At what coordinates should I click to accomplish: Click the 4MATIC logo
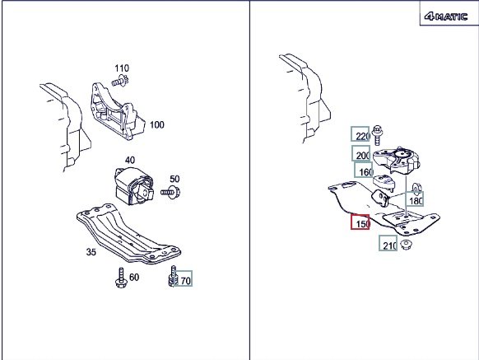tap(446, 16)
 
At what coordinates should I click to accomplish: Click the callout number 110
tap(122, 68)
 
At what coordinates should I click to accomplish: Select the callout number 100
tap(156, 124)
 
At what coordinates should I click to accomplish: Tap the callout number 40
tap(130, 161)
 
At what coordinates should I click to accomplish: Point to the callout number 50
tap(174, 179)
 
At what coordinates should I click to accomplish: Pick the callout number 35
tap(91, 252)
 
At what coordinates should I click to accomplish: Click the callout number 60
tap(134, 277)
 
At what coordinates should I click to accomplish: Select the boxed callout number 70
tap(184, 278)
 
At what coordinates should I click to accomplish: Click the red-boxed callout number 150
tap(360, 222)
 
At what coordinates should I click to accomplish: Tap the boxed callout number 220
tap(360, 134)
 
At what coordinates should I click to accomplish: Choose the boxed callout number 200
tap(361, 153)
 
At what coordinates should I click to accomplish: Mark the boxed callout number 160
tap(364, 170)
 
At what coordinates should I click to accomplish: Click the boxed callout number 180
tap(415, 199)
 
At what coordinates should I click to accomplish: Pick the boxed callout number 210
tap(388, 243)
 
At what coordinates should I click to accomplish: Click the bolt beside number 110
tap(120, 81)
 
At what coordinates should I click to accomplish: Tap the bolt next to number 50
tap(170, 191)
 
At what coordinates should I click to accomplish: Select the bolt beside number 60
tap(121, 278)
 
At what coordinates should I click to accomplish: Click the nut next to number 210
tap(406, 245)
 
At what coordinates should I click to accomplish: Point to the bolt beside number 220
tap(378, 135)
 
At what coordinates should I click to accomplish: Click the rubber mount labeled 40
tap(134, 186)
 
